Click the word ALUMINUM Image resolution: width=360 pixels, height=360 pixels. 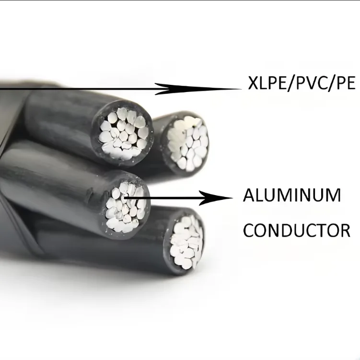point(292,195)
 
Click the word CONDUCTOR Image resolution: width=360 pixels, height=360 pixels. point(297,230)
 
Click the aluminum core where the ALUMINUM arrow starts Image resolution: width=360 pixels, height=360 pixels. point(126,207)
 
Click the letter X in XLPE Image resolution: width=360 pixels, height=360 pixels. point(253,83)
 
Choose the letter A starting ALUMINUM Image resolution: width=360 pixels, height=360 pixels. point(249,195)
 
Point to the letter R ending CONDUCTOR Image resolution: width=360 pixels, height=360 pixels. point(345,230)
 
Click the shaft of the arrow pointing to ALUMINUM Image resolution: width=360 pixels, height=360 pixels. point(162,197)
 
